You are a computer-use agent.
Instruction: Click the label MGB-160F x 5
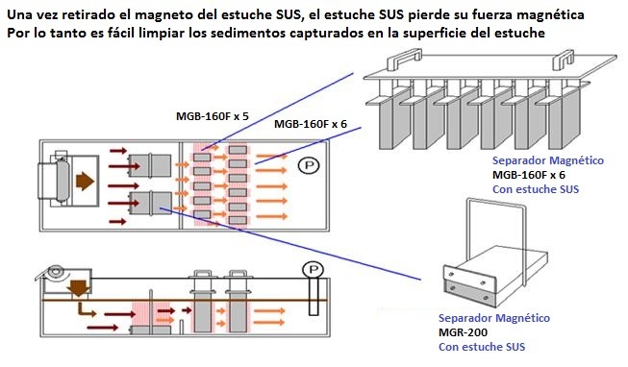click(213, 116)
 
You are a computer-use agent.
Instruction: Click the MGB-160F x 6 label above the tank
click(311, 124)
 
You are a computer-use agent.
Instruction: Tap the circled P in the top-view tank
click(309, 165)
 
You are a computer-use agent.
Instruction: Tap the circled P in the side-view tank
click(314, 269)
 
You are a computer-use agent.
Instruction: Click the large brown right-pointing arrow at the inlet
click(85, 182)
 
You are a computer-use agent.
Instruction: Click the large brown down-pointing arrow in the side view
click(79, 288)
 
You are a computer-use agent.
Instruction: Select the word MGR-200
click(463, 332)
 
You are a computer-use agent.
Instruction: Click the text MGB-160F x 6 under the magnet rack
click(529, 175)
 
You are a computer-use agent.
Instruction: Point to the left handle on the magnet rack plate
click(404, 59)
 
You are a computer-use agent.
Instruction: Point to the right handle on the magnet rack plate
click(564, 60)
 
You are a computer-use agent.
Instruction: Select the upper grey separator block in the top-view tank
click(150, 165)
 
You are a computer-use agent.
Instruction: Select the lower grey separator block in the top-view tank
click(151, 203)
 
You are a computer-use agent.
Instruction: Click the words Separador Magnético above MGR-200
click(494, 318)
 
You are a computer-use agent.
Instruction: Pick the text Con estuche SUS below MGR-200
click(482, 347)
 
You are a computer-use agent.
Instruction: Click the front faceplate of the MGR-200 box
click(470, 285)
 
